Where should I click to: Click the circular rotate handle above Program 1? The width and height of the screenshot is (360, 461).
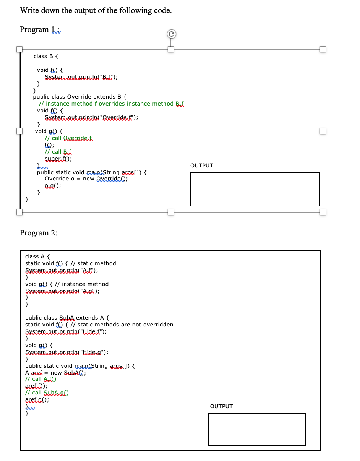click(x=172, y=34)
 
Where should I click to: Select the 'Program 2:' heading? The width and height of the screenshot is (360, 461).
click(x=38, y=233)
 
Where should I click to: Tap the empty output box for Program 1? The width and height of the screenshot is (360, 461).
click(x=255, y=189)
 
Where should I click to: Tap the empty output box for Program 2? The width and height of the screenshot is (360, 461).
click(x=256, y=429)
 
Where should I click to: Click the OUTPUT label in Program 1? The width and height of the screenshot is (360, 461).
click(x=201, y=166)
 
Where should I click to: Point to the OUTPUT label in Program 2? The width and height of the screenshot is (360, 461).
click(x=221, y=406)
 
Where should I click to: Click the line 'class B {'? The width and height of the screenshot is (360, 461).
click(x=46, y=56)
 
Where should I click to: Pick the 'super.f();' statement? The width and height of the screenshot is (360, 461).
click(x=58, y=159)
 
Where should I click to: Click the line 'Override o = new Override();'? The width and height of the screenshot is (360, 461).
click(x=86, y=179)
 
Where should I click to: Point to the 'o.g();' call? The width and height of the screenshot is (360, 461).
click(x=53, y=185)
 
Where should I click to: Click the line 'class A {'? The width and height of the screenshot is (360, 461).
click(x=37, y=256)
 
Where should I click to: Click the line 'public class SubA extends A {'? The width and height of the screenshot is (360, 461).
click(x=67, y=318)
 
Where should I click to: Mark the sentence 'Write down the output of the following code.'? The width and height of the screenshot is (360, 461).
click(x=96, y=10)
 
